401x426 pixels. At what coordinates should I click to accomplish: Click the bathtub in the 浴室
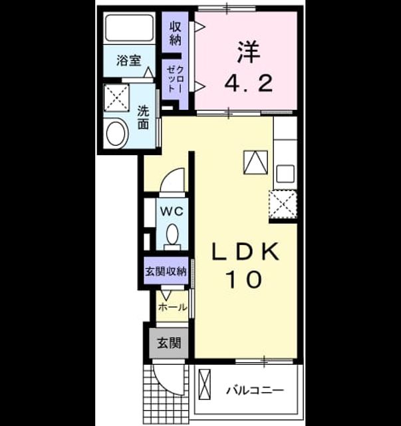[x=129, y=28]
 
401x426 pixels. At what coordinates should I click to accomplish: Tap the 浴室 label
[x=129, y=61]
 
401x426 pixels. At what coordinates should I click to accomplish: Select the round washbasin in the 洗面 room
[x=117, y=134]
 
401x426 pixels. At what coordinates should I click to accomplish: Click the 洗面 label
[x=143, y=117]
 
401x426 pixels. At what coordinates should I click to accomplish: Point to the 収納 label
[x=176, y=33]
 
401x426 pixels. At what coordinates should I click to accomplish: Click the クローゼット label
[x=175, y=79]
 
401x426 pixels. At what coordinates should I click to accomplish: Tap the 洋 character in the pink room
[x=249, y=52]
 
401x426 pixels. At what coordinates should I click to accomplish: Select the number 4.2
[x=248, y=83]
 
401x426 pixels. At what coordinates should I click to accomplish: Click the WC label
[x=172, y=211]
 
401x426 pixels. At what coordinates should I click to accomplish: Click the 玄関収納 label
[x=166, y=272]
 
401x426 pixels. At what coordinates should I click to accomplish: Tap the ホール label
[x=173, y=308]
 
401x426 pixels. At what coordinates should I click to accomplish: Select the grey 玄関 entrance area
[x=169, y=343]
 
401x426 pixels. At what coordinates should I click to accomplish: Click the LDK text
[x=245, y=252]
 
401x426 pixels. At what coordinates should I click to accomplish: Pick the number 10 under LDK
[x=245, y=280]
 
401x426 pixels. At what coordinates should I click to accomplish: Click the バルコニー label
[x=255, y=391]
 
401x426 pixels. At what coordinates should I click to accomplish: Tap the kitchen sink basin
[x=285, y=174]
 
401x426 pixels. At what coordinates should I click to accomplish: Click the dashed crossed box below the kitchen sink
[x=283, y=204]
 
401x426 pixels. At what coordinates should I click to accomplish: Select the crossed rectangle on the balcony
[x=204, y=384]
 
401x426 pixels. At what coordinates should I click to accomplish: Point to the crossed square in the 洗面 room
[x=116, y=98]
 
